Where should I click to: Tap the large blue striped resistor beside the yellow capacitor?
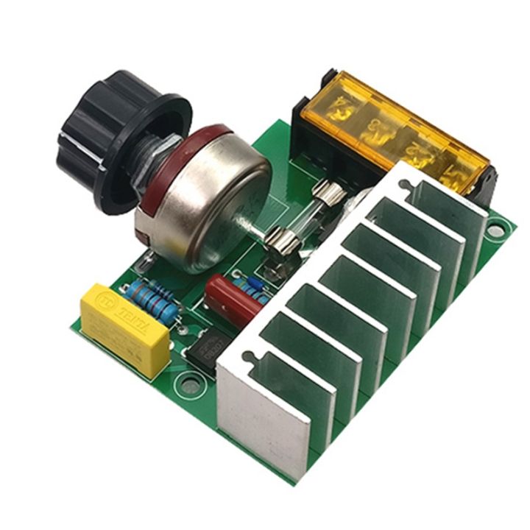(151, 302)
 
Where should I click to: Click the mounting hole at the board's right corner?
(497, 231)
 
